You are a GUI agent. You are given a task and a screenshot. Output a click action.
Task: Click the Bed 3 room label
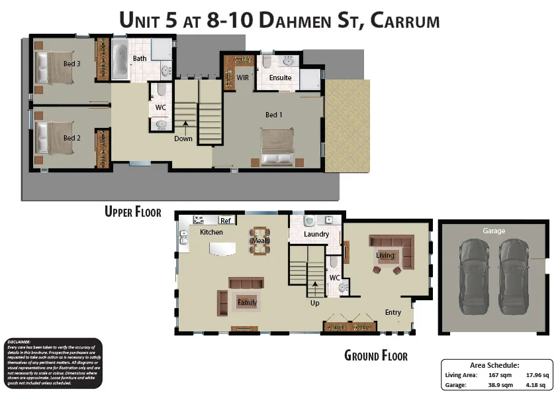(x=72, y=64)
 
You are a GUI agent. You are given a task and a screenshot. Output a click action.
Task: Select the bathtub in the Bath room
(x=120, y=59)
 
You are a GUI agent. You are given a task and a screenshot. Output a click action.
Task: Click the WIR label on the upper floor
(x=243, y=78)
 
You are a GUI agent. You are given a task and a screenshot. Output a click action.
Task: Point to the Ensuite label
(x=280, y=78)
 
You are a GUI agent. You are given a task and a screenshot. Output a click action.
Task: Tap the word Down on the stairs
(x=183, y=139)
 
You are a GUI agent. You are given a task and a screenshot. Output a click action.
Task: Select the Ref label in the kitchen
(x=226, y=221)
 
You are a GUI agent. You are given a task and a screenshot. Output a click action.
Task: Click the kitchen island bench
(x=223, y=249)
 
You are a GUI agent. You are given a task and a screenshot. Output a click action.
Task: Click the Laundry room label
(x=316, y=234)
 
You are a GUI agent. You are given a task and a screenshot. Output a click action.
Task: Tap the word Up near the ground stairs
(x=315, y=303)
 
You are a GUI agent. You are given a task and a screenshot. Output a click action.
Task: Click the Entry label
(x=393, y=312)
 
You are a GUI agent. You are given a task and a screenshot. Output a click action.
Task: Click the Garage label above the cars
(x=494, y=231)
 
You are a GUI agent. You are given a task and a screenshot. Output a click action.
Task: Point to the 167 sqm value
(x=498, y=375)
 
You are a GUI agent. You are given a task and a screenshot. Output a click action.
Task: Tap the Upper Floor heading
(x=133, y=211)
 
